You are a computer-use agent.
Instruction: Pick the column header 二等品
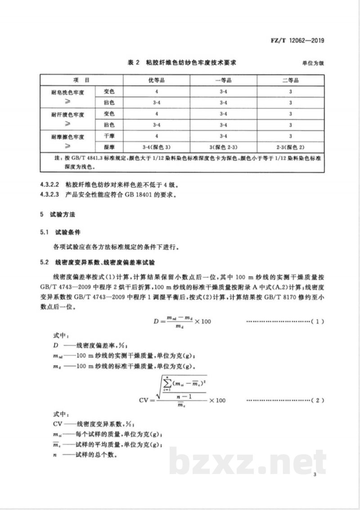coord(291,80)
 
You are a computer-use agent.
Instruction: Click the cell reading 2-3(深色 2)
coord(291,147)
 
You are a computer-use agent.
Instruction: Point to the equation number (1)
coord(317,322)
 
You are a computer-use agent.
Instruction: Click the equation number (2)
coord(317,400)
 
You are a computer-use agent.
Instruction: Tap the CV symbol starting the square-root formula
coord(147,400)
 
